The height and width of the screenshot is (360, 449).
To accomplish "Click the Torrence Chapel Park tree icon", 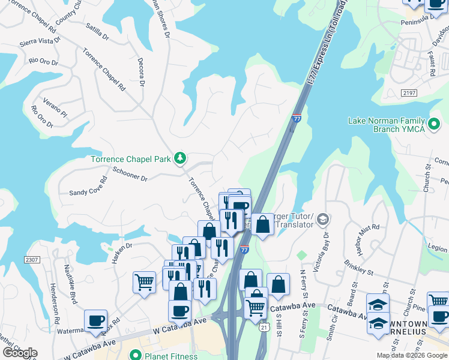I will tap(179, 158).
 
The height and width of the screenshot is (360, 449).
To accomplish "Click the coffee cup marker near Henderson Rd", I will tap(95, 320).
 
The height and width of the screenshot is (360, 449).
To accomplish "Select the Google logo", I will tap(19, 353).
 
